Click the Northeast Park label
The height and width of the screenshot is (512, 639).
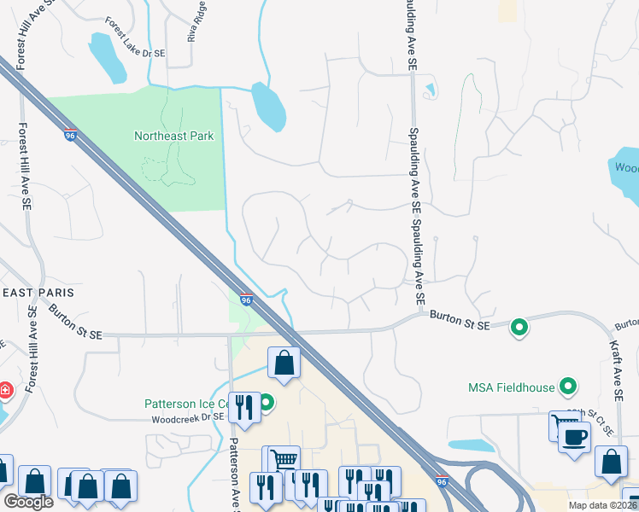[x=173, y=136]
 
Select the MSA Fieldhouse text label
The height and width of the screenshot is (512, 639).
[x=511, y=388]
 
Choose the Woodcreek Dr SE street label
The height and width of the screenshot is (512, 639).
[x=187, y=417]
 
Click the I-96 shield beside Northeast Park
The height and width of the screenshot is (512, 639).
[x=70, y=135]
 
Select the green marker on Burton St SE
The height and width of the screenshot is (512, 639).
[x=518, y=327]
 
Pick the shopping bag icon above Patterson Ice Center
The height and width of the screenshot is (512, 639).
[x=284, y=363]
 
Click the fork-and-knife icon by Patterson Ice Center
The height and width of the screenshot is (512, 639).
[x=246, y=406]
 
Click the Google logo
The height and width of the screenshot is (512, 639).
[x=28, y=502]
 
